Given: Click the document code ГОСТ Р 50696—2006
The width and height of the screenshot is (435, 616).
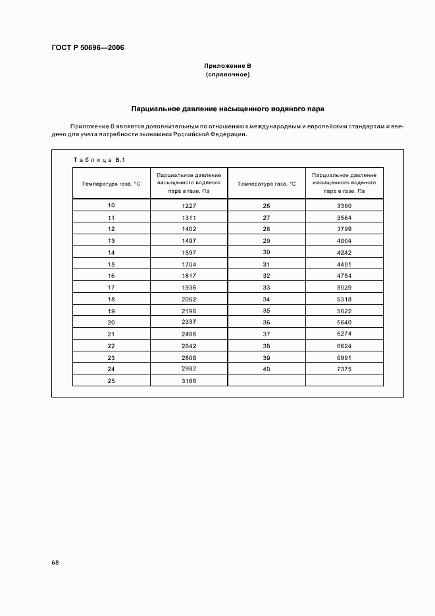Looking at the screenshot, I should (x=88, y=48).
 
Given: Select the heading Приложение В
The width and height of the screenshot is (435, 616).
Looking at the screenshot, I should (x=227, y=66).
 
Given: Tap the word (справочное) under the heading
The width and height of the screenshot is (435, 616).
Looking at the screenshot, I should (x=227, y=75).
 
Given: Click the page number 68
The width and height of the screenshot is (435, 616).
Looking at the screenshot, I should (x=55, y=563).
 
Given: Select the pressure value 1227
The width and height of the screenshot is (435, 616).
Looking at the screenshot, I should (x=189, y=205).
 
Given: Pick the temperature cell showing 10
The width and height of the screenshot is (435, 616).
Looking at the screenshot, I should (x=111, y=205).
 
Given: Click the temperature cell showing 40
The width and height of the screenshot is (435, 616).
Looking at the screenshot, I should (x=267, y=369).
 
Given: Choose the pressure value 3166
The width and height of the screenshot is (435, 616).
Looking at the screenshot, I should (x=189, y=380).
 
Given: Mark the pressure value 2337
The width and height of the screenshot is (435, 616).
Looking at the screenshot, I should (x=189, y=322).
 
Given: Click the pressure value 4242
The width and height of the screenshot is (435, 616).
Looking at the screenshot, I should (x=344, y=252).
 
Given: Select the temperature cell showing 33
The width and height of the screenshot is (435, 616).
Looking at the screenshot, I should (x=267, y=287).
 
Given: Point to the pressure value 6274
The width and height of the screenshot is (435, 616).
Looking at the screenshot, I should (x=344, y=334).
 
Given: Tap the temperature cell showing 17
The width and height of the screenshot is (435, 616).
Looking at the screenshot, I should (x=111, y=287).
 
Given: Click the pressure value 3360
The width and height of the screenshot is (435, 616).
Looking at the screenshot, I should (x=344, y=205).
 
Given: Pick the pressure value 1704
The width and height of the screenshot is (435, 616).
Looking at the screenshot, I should (x=189, y=264).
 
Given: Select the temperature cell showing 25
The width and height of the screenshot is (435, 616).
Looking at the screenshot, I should (x=111, y=380).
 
